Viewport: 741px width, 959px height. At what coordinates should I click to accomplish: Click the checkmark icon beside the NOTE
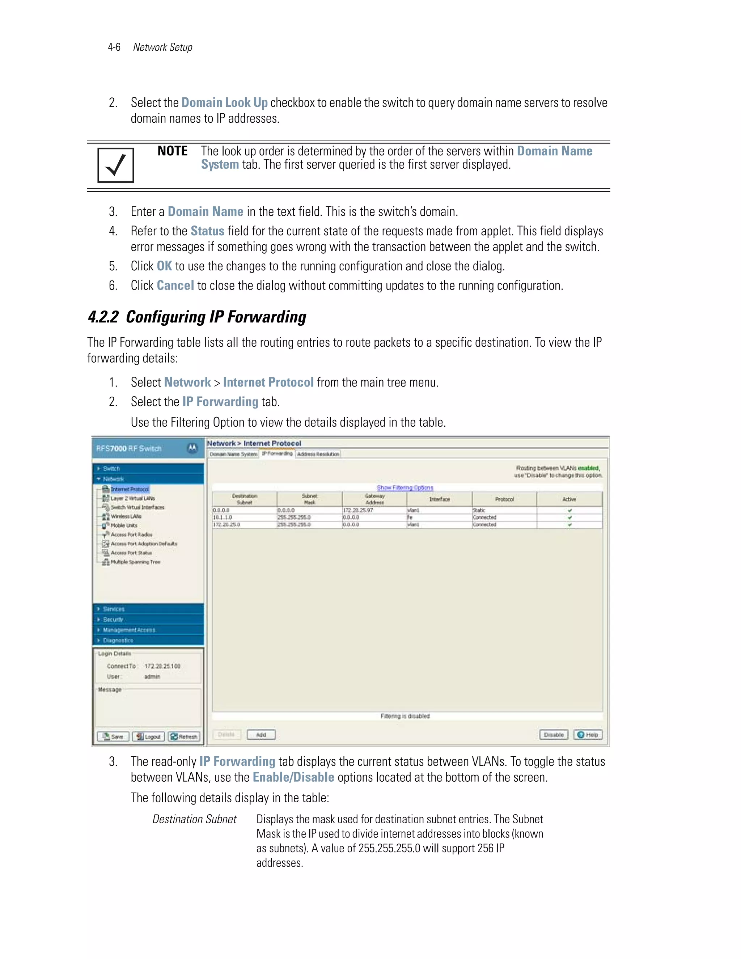115,165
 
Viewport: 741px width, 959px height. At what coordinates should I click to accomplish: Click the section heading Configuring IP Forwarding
197,317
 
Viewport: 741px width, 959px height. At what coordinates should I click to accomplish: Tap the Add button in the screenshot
261,735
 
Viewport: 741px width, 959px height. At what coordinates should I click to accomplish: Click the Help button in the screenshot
588,735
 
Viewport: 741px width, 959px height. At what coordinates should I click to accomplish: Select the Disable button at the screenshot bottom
554,735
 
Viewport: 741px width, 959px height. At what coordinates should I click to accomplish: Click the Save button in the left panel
113,736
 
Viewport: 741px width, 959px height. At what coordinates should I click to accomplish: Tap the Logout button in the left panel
148,736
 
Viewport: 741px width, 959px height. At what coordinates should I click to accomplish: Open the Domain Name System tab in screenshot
233,454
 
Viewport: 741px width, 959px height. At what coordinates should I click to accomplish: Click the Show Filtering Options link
405,488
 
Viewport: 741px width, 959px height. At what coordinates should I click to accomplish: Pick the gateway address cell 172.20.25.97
358,510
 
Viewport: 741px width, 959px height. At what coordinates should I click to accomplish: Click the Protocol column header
504,499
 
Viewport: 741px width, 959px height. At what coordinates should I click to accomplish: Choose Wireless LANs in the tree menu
126,516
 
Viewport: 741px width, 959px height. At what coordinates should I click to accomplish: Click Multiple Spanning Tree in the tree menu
135,562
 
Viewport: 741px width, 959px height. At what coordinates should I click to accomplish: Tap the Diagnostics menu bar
148,640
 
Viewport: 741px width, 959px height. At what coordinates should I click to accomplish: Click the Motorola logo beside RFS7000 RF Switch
192,448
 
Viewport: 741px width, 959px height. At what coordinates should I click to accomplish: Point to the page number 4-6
114,47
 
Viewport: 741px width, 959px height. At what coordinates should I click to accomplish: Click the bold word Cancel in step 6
175,286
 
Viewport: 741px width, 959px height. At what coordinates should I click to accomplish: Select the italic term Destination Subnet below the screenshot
194,819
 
